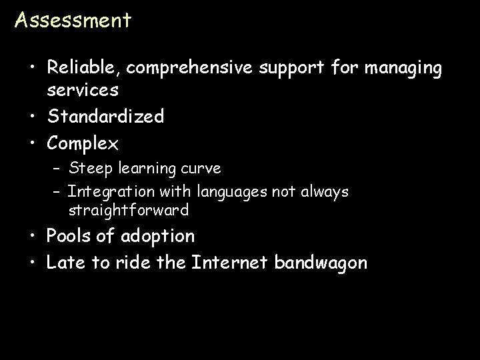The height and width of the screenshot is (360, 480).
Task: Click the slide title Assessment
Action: pos(73,20)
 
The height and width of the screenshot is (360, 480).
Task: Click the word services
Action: pos(83,89)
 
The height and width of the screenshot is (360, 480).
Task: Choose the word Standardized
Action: pos(105,117)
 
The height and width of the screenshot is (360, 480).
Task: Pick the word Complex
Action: pos(82,143)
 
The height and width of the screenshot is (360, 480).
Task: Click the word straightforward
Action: pos(128,211)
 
